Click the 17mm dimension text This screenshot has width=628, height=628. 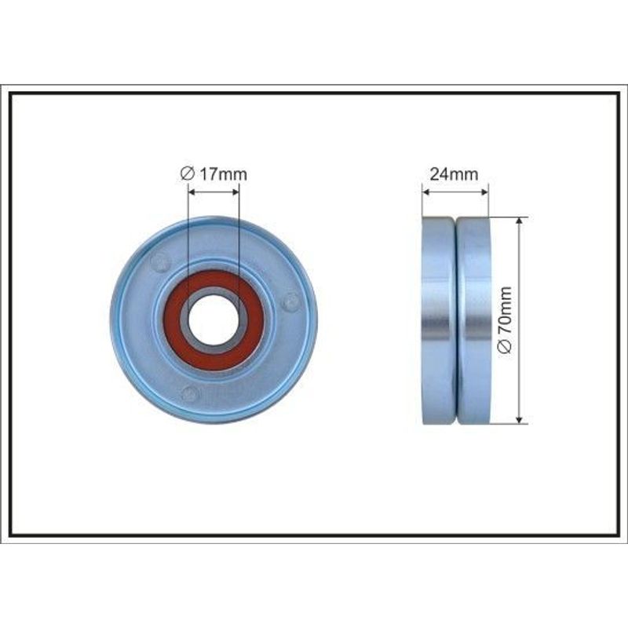(223, 174)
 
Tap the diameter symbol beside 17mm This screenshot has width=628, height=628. (188, 174)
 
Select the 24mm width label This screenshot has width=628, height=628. (454, 174)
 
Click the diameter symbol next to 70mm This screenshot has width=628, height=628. (506, 345)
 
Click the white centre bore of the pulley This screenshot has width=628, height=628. (214, 320)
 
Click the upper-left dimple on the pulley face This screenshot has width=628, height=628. (161, 261)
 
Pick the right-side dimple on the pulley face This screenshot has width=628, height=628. (290, 301)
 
